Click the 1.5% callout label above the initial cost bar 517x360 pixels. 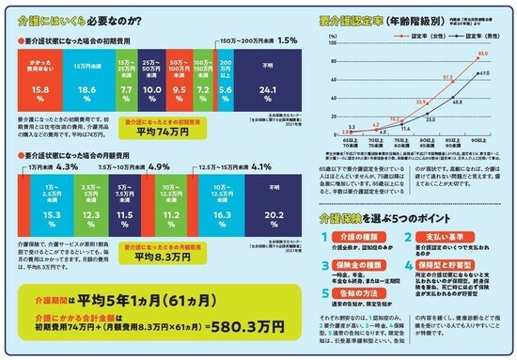(x=288, y=42)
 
